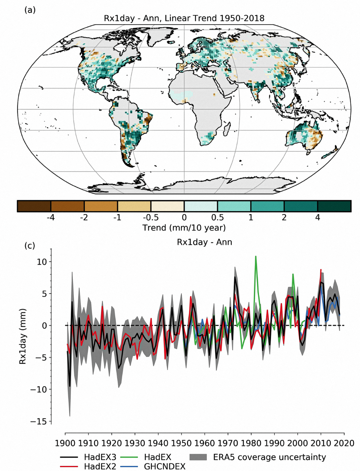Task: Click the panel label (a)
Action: click(x=30, y=10)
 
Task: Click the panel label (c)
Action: click(x=30, y=246)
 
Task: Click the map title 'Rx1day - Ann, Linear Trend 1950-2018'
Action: click(x=184, y=18)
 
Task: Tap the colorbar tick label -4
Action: click(x=50, y=218)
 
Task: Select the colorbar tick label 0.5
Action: click(x=217, y=218)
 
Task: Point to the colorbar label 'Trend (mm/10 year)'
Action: click(x=184, y=228)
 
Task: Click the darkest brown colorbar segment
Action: click(x=34, y=206)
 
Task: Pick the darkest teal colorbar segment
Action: click(x=334, y=206)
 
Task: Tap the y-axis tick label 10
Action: click(x=42, y=262)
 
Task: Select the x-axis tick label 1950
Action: click(x=181, y=443)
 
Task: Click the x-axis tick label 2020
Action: click(x=344, y=443)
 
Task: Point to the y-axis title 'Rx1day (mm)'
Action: click(x=23, y=336)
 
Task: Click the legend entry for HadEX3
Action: click(x=100, y=457)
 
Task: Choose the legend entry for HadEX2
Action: click(x=100, y=466)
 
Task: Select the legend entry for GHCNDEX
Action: click(x=165, y=466)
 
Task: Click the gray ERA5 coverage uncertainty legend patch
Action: click(x=198, y=457)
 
